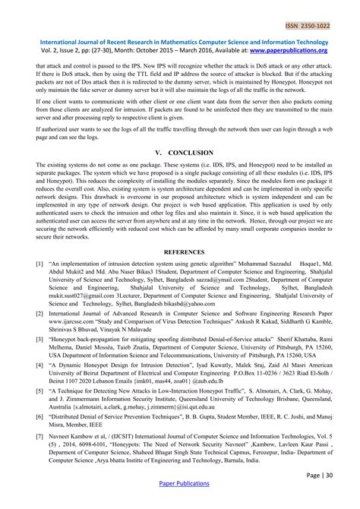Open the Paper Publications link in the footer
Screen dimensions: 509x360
(x=180, y=502)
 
